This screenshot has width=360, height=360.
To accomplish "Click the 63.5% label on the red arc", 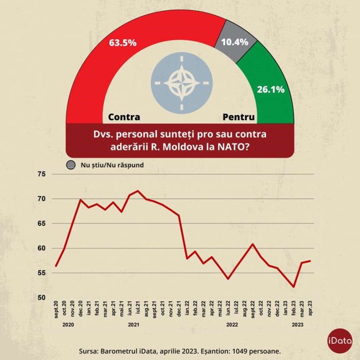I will point(123,42).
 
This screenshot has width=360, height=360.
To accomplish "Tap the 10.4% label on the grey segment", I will point(234,42).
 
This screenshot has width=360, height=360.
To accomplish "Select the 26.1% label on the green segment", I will point(271,90).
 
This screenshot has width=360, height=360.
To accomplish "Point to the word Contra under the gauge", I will point(124,117).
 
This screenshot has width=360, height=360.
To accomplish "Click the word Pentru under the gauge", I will point(239,117).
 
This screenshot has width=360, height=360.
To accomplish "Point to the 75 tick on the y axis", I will point(42,174).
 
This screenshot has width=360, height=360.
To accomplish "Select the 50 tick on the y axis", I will point(42,298).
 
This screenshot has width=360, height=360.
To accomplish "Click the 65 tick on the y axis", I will point(42,224).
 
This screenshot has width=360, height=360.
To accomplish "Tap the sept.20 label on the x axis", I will point(56,309).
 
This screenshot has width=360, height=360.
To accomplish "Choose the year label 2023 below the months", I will point(298,324).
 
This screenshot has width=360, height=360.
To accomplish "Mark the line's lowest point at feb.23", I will point(294,287).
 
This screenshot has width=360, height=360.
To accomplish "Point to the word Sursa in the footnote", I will point(90,350).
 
